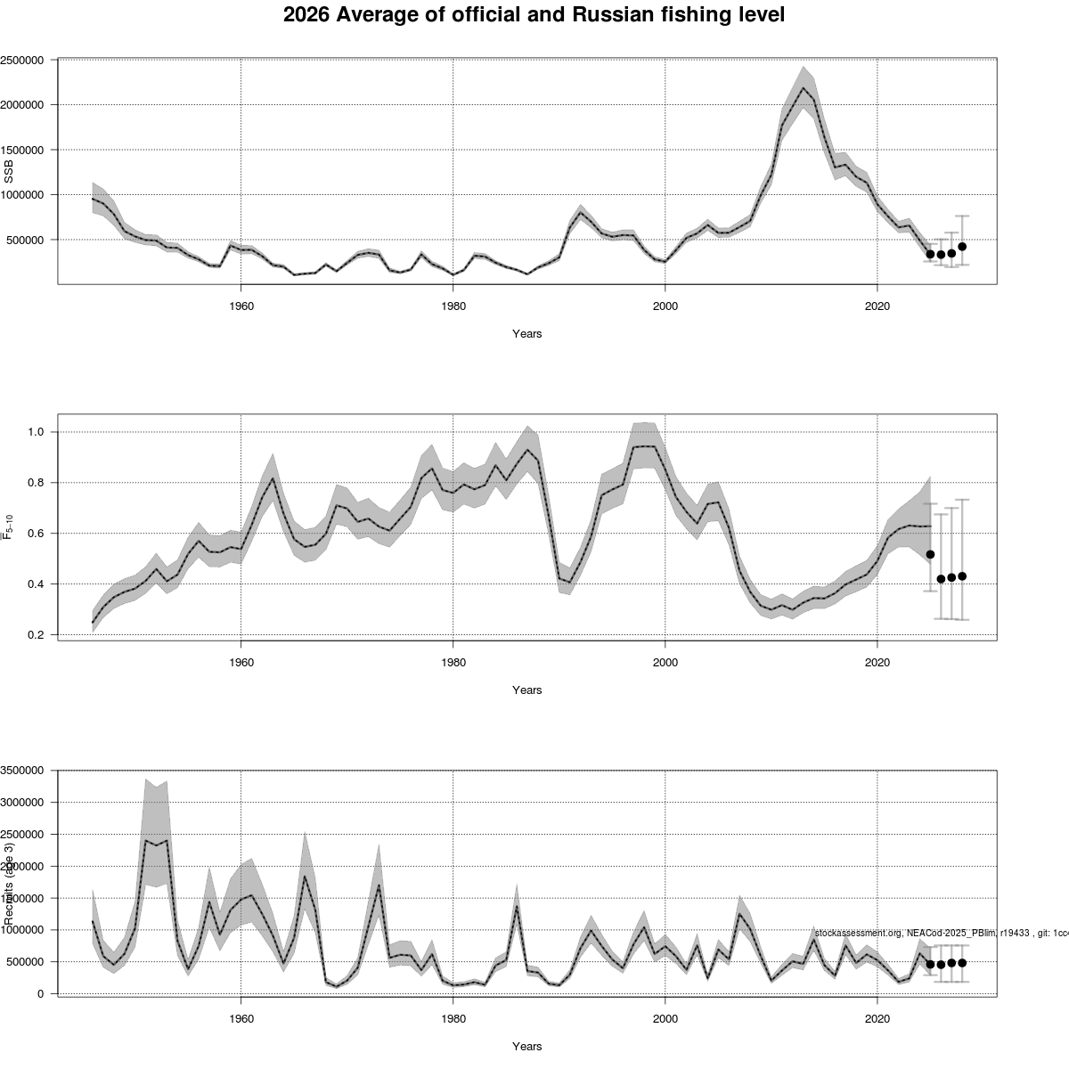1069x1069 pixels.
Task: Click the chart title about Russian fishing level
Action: [534, 15]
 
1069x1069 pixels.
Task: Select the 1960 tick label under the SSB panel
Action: [241, 306]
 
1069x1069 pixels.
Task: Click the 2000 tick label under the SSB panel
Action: [665, 306]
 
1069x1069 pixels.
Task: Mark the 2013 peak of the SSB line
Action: [804, 88]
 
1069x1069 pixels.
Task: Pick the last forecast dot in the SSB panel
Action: [962, 247]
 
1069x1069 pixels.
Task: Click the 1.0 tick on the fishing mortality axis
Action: [35, 432]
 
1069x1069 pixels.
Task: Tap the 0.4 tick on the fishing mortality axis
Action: [35, 584]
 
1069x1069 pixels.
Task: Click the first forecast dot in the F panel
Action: [930, 554]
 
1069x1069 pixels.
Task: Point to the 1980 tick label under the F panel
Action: [453, 662]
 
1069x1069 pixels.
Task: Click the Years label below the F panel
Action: [526, 690]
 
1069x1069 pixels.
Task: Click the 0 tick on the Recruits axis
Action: [41, 994]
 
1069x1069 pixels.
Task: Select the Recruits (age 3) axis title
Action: [10, 882]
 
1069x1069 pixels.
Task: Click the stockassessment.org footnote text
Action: [941, 933]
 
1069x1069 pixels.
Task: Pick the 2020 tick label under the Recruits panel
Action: [878, 1018]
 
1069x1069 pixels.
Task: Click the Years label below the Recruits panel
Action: [526, 1047]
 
